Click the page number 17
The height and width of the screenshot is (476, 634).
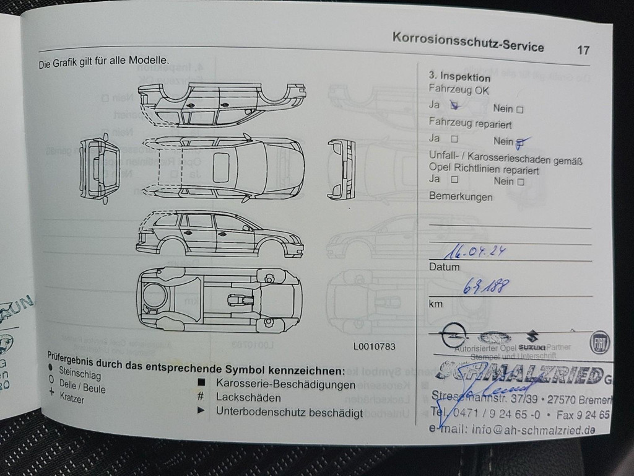click(x=583, y=50)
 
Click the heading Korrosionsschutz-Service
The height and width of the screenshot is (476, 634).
click(x=468, y=42)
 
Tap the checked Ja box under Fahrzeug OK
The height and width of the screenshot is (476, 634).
click(x=454, y=105)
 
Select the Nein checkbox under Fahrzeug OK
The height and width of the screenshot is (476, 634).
click(x=519, y=110)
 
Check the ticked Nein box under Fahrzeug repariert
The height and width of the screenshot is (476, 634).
click(x=520, y=143)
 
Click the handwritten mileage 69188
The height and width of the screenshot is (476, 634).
click(x=486, y=286)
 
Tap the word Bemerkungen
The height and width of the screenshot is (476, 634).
click(x=461, y=197)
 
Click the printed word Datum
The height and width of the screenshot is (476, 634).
click(x=444, y=267)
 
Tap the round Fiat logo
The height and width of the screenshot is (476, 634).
click(x=599, y=343)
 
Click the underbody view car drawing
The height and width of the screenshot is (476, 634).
click(x=220, y=299)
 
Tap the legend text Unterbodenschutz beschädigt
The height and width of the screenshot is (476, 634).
click(x=289, y=413)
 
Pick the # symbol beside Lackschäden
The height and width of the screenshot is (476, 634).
click(x=201, y=397)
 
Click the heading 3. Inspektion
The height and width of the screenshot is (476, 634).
click(x=459, y=77)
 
